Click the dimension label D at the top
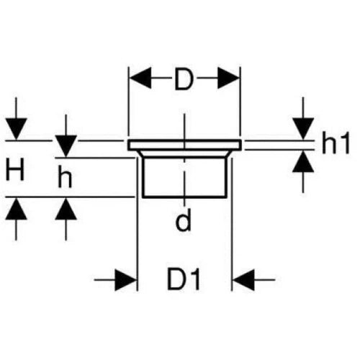coord(184,78)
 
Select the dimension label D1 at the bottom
coord(184,279)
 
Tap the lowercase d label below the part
coord(184,220)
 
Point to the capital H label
coord(15,169)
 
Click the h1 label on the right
coord(336,143)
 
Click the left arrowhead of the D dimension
coord(140,78)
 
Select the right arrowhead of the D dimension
coord(228,78)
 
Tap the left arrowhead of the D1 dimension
coord(126,280)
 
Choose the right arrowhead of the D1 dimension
coord(243,280)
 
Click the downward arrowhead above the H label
coord(16,129)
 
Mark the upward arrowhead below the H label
coord(16,209)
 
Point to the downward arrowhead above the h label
coord(66,146)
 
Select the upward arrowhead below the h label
coord(66,209)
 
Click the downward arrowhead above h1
coord(303,129)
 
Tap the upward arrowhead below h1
coord(303,161)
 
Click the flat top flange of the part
coord(184,145)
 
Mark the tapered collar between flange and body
coord(184,153)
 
